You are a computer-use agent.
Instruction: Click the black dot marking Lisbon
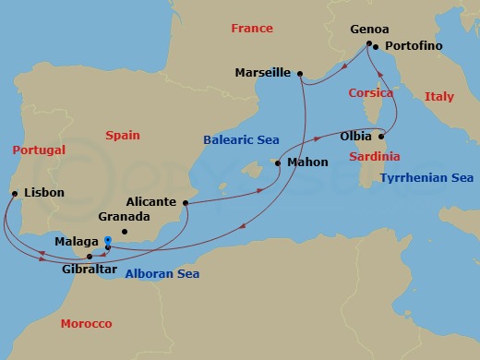coord(14,194)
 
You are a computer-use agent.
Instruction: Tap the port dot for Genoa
coord(369,44)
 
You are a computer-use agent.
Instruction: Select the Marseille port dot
coord(300,73)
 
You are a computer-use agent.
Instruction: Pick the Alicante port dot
coord(186,202)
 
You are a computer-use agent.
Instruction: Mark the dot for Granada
coord(125,232)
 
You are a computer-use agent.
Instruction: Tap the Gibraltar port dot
coord(90,256)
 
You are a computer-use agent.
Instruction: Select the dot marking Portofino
coord(377,46)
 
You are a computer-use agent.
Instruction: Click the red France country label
coord(252,29)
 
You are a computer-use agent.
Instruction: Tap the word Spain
coord(122,136)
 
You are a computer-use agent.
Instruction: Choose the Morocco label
coord(86,324)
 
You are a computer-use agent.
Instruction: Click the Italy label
coord(438,96)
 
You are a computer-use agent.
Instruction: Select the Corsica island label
coord(371,93)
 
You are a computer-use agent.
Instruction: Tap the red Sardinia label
coord(374,157)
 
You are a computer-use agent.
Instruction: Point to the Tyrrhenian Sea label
coord(426,177)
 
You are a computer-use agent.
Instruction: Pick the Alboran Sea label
coord(162,273)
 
